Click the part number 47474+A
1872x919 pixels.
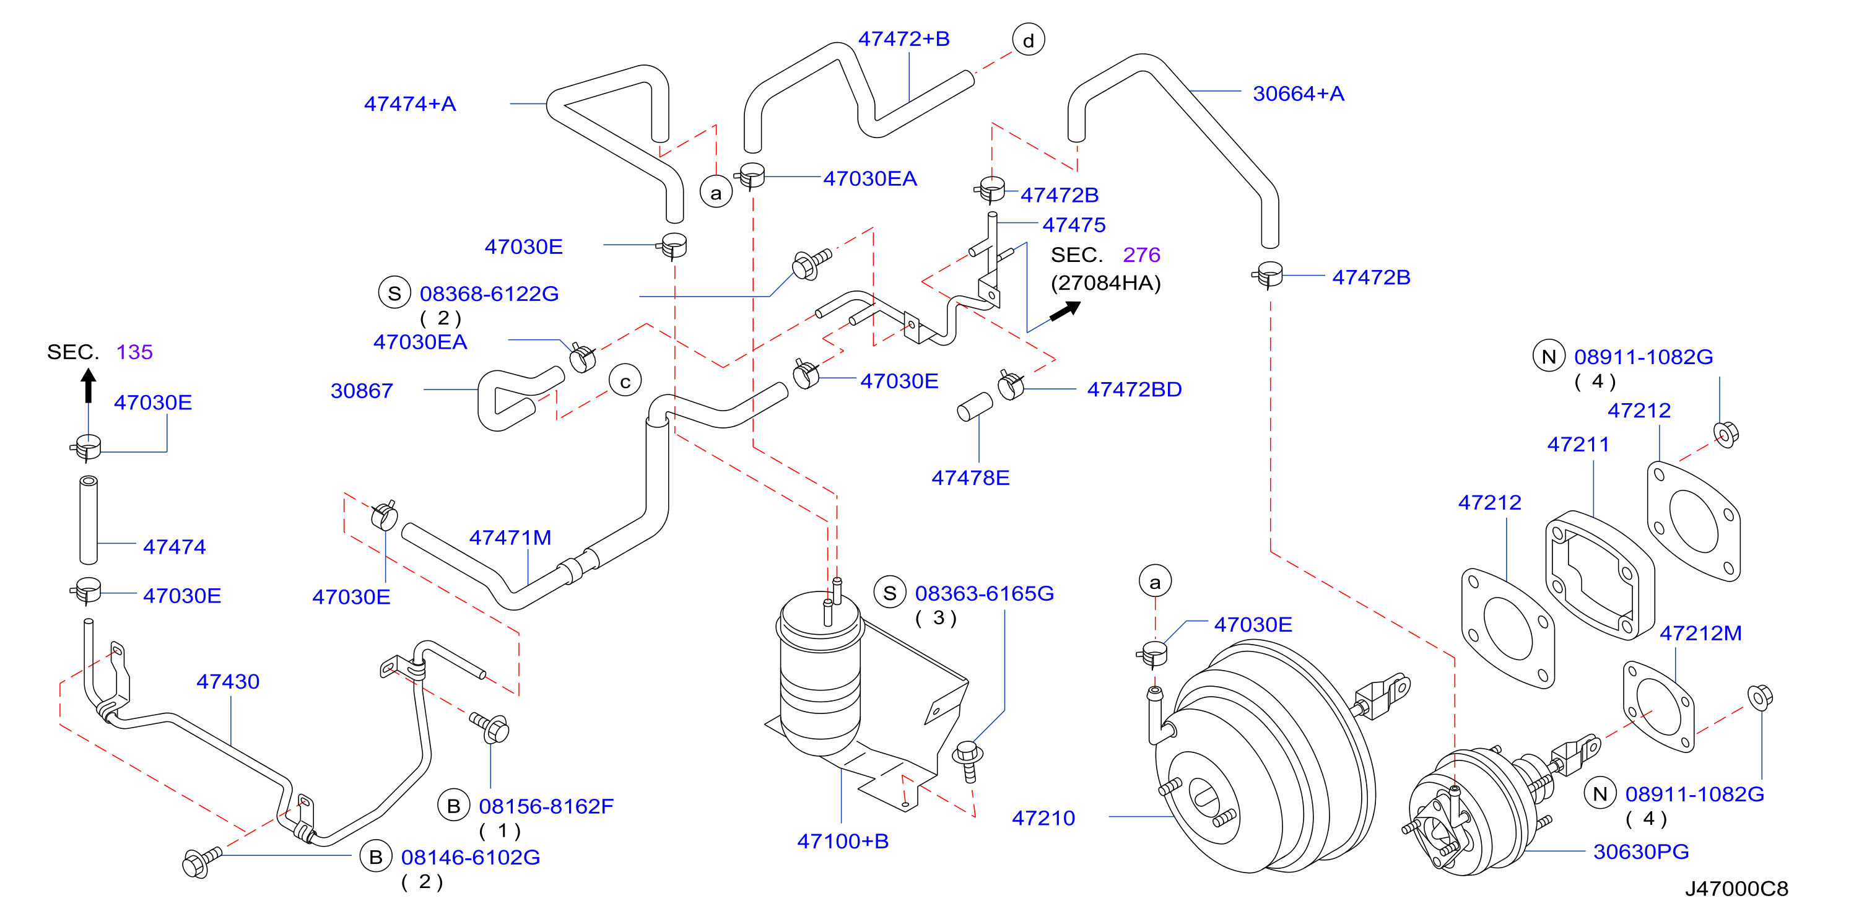pyautogui.click(x=410, y=104)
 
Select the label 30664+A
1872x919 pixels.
pyautogui.click(x=1298, y=94)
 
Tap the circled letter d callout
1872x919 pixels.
pyautogui.click(x=1029, y=40)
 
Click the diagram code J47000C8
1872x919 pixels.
pyautogui.click(x=1736, y=889)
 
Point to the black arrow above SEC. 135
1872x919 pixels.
pyautogui.click(x=89, y=385)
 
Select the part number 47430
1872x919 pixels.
pyautogui.click(x=227, y=681)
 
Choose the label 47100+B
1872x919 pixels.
pyautogui.click(x=843, y=841)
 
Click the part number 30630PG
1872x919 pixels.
pyautogui.click(x=1641, y=851)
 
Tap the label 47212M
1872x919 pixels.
pyautogui.click(x=1700, y=634)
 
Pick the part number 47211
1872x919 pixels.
pyautogui.click(x=1578, y=445)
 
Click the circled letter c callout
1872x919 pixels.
pyautogui.click(x=625, y=381)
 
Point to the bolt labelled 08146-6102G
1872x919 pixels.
pyautogui.click(x=200, y=862)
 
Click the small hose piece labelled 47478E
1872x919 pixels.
pyautogui.click(x=975, y=407)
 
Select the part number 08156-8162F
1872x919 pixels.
pyautogui.click(x=546, y=806)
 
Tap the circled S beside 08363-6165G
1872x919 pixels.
pyautogui.click(x=889, y=593)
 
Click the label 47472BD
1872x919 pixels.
pyautogui.click(x=1134, y=390)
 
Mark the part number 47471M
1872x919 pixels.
pyautogui.click(x=510, y=538)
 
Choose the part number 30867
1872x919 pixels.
pyautogui.click(x=361, y=391)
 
